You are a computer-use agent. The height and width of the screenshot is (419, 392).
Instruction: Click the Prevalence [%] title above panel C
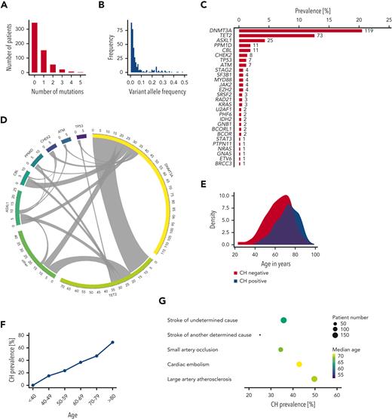tap(311, 5)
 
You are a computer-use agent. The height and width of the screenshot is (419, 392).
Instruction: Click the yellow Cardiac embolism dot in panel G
tap(299, 364)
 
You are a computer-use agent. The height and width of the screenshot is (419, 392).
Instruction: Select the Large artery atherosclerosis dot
tap(314, 379)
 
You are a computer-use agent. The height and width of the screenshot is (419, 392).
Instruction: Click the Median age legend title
tap(355, 350)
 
